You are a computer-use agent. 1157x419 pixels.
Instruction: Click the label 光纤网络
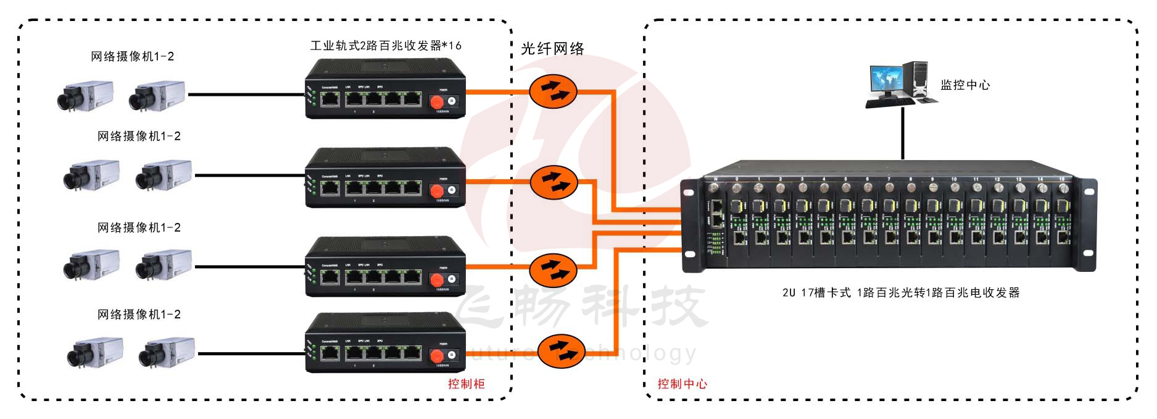(x=552, y=49)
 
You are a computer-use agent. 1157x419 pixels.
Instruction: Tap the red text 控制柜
(x=467, y=384)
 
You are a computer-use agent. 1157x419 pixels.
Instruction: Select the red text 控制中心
(x=682, y=384)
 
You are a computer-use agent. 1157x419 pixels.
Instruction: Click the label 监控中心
(x=965, y=85)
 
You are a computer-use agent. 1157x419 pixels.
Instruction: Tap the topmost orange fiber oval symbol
(x=553, y=91)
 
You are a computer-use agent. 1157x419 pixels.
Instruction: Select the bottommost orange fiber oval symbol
(x=561, y=351)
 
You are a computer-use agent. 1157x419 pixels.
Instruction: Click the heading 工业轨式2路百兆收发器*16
(x=386, y=46)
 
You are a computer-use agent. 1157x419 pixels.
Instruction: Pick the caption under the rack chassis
(x=901, y=293)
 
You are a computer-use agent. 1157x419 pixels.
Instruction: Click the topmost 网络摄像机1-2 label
(x=133, y=57)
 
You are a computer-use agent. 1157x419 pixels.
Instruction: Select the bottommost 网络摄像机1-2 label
(x=139, y=315)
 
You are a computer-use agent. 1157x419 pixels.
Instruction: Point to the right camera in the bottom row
(x=166, y=353)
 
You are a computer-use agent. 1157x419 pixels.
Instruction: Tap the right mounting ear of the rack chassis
(x=1088, y=225)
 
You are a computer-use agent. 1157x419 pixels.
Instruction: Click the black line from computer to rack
(x=903, y=133)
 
